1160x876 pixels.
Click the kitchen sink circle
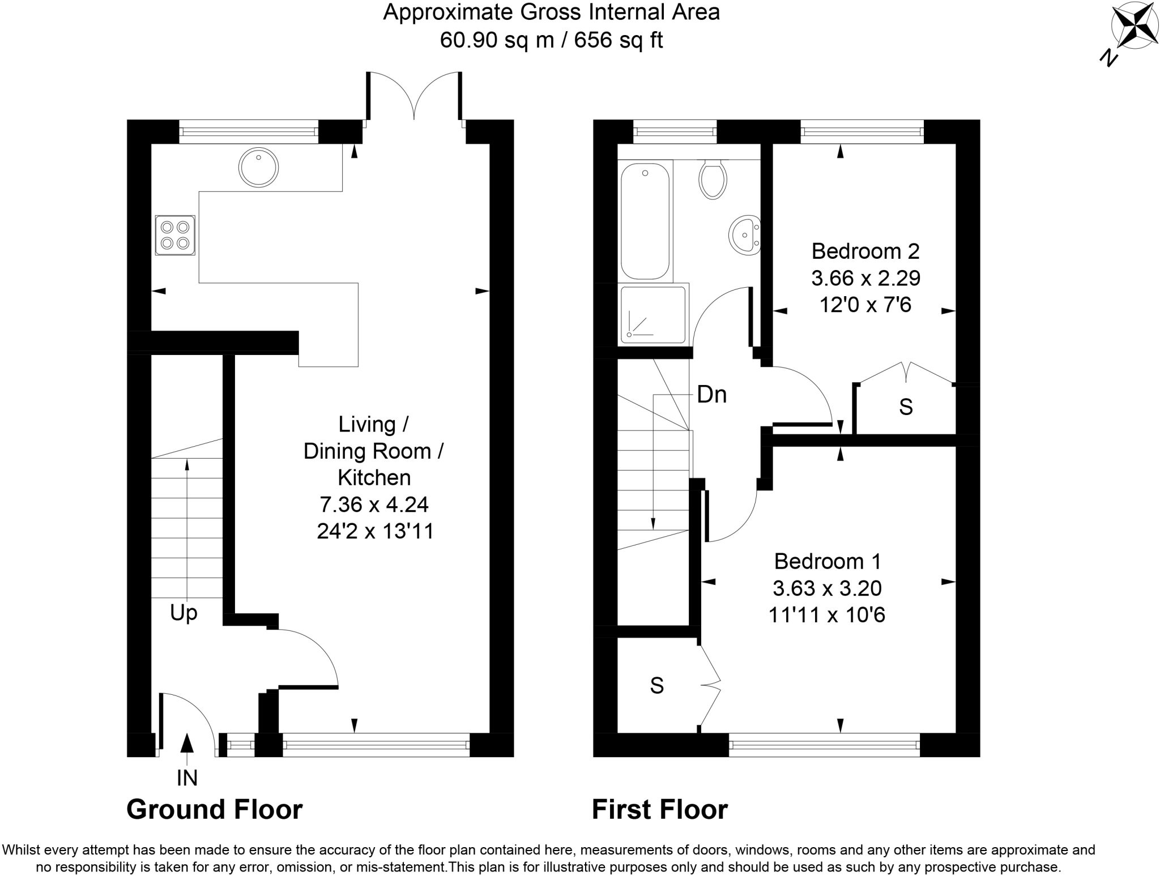258,168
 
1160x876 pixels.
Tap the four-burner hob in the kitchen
174,235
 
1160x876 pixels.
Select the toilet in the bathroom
713,179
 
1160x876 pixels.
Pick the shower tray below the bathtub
653,315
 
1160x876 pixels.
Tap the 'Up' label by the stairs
184,613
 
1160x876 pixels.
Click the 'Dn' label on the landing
711,395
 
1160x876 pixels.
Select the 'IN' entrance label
187,778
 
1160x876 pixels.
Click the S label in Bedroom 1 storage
656,686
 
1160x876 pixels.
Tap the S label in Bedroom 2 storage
906,407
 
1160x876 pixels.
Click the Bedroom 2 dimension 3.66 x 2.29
865,278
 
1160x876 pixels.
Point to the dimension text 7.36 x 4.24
374,504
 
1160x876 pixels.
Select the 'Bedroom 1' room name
827,561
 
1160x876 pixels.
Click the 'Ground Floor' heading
214,810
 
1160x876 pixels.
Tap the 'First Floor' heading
659,810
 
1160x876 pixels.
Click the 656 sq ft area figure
618,40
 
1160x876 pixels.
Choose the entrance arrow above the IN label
187,743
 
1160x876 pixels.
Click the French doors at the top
414,96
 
